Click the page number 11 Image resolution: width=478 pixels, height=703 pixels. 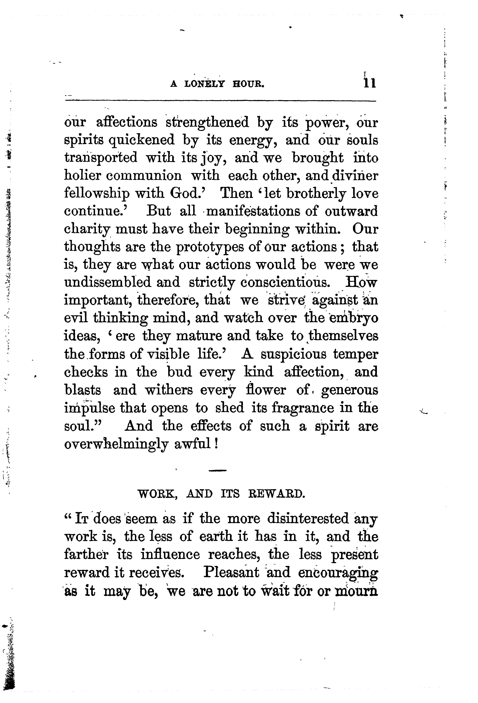[x=370, y=83]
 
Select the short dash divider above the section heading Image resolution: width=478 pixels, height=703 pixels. [x=217, y=470]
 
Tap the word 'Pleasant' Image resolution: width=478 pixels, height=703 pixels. [x=231, y=572]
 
